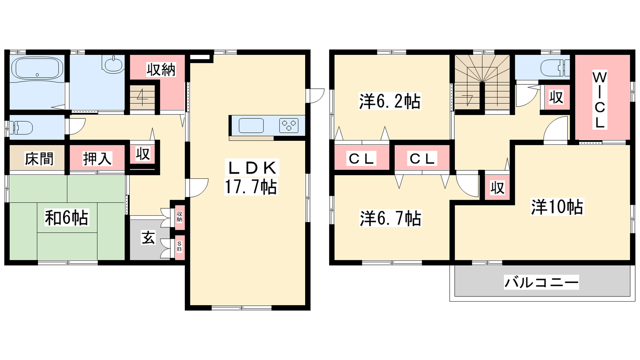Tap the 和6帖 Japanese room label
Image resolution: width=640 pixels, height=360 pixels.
coord(66,218)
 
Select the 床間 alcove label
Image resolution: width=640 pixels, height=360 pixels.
coord(39,159)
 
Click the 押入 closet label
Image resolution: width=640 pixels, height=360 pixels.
coord(97,159)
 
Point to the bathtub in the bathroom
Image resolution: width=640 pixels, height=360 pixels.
coord(37,70)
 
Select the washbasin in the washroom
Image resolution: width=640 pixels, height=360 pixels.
coord(113,65)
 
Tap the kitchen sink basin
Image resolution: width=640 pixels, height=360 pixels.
coord(251,126)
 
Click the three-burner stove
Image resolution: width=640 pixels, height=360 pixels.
coord(288,126)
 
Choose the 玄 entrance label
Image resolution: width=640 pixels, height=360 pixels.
coord(148,238)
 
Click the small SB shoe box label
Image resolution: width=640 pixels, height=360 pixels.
coord(180,246)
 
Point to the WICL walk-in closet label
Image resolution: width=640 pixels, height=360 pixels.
coord(599,100)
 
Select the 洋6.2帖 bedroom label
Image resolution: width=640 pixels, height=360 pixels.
coord(390,101)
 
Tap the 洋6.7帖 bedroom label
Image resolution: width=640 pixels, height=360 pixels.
coord(390,218)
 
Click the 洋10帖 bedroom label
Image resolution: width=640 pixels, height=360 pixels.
coord(557,206)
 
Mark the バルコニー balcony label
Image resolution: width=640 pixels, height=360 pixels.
coord(541,282)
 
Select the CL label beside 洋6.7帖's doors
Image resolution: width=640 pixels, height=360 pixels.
coord(422,158)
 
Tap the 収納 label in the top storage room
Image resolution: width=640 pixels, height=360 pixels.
coord(161,70)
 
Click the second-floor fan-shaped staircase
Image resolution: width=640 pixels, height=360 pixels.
coord(482,83)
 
